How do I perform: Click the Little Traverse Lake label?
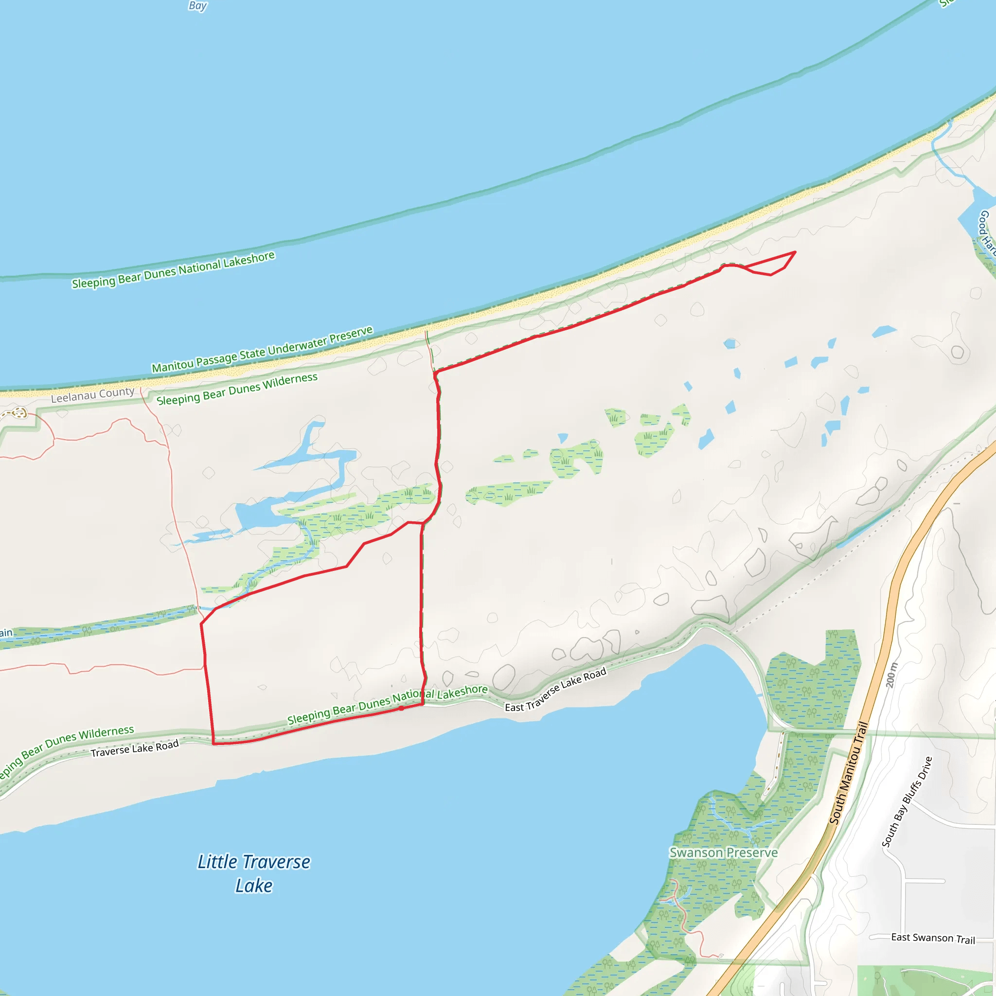[254, 873]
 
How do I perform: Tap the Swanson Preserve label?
[723, 853]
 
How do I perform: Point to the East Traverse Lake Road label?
[555, 690]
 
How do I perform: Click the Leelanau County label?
[93, 395]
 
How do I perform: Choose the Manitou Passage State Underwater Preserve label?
[262, 350]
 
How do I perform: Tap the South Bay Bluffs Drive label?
[907, 802]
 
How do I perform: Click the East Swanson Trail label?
[933, 938]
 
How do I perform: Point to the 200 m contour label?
[891, 675]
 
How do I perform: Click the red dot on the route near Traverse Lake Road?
[402, 708]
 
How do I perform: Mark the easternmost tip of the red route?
[796, 252]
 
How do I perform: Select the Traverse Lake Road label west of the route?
[135, 748]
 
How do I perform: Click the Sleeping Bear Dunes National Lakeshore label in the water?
[173, 270]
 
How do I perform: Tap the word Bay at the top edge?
[197, 6]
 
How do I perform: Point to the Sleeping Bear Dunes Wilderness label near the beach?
[237, 389]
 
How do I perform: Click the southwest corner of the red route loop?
[213, 744]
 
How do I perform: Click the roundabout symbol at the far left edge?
[19, 412]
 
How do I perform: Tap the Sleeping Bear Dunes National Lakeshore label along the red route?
[387, 704]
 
